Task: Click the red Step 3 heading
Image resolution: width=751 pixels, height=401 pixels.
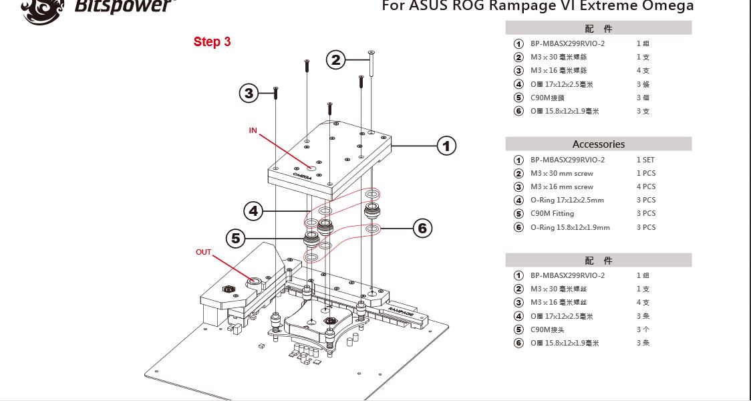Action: (212, 41)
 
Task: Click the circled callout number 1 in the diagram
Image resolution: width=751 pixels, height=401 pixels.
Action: (446, 145)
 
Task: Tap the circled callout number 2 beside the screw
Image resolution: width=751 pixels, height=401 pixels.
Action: (336, 60)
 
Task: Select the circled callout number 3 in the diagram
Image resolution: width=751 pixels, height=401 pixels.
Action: (249, 93)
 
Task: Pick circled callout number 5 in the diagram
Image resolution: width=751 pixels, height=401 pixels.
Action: (235, 237)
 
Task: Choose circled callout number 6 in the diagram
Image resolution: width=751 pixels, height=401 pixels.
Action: (422, 229)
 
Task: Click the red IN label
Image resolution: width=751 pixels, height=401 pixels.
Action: (253, 130)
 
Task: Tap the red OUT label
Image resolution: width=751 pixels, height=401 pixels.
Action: (203, 252)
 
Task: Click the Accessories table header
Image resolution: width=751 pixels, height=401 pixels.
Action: (598, 144)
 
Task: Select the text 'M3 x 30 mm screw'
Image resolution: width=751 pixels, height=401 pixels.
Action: (562, 173)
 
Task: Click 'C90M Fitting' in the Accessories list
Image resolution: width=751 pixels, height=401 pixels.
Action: (552, 214)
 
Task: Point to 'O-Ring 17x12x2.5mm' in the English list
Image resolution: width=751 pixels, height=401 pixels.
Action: (567, 200)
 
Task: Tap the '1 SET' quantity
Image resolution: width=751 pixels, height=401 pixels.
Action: (646, 160)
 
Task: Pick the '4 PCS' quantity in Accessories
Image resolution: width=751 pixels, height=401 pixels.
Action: (646, 186)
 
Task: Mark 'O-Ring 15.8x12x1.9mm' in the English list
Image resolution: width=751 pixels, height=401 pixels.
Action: (570, 227)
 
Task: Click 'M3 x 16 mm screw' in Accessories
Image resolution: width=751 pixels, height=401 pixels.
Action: (562, 186)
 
